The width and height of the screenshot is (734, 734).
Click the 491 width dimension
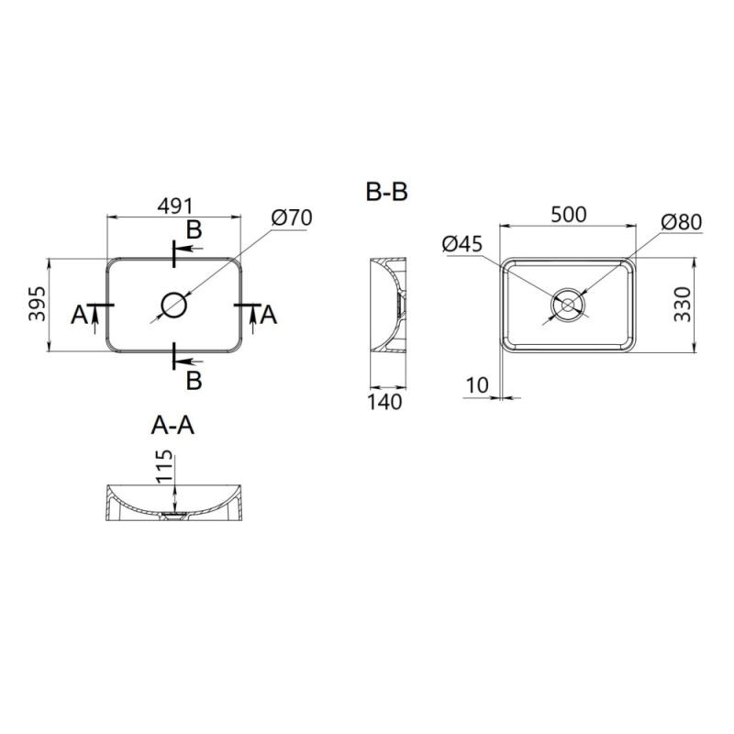(174, 206)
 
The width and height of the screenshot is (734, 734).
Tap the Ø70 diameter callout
(293, 217)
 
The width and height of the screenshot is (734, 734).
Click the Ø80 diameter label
(681, 222)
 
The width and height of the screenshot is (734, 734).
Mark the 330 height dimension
(683, 304)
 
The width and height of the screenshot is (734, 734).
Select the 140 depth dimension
(385, 402)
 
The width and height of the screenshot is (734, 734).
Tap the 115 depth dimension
(163, 466)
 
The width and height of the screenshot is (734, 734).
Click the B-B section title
(386, 193)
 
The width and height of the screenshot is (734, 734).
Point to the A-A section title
(172, 425)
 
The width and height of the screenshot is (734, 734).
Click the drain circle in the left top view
(173, 304)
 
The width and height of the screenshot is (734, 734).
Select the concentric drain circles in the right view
(568, 303)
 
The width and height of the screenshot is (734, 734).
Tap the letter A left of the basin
(81, 315)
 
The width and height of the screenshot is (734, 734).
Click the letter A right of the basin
(268, 315)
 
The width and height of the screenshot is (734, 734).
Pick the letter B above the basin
(194, 229)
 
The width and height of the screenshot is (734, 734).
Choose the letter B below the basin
(194, 378)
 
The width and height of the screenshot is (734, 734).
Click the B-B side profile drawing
(387, 304)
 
